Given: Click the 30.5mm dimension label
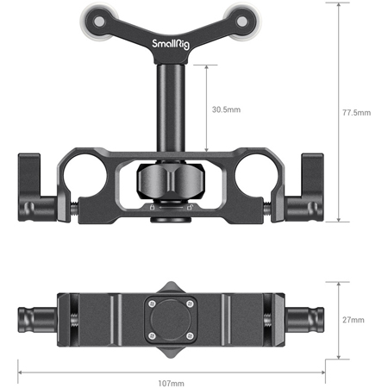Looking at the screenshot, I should [227, 109].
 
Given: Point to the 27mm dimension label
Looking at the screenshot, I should [354, 320].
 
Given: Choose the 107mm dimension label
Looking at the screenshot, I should [171, 382].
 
